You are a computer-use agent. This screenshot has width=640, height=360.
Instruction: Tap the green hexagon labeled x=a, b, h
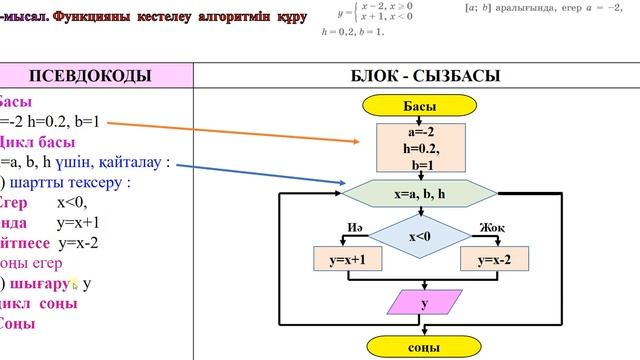pos(420,192)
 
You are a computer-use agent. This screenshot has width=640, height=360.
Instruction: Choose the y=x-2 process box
pos(494,260)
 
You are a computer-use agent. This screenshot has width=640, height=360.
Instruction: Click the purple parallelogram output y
pos(420,302)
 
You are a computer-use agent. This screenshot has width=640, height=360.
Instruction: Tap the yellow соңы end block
pos(419,346)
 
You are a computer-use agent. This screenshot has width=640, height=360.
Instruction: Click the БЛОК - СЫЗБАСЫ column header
pos(419,76)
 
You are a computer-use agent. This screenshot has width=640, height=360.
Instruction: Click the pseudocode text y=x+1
pos(85,221)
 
